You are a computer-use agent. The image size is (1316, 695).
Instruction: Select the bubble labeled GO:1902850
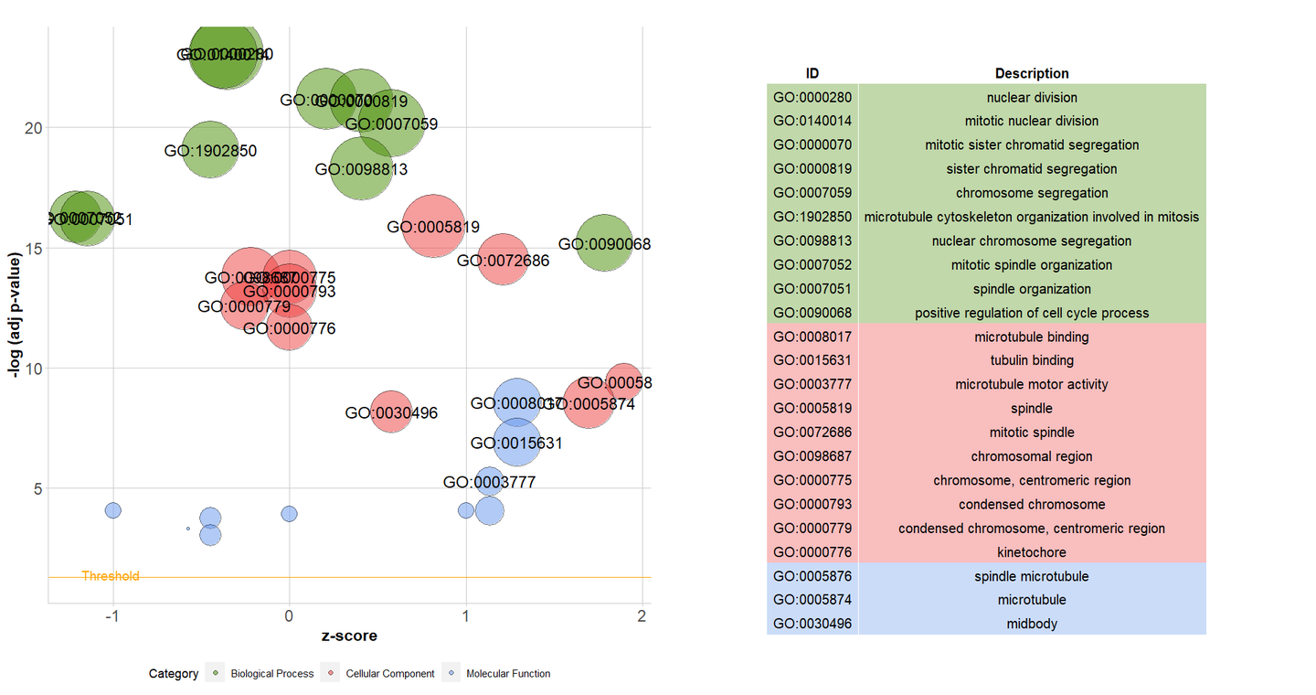coord(210,150)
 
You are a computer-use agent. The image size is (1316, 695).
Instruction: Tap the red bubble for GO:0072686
coord(504,260)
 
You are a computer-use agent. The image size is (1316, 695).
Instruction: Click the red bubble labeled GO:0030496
coord(391,412)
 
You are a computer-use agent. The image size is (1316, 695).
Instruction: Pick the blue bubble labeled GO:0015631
coord(517,443)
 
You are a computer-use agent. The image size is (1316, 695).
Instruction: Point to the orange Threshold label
coord(111,576)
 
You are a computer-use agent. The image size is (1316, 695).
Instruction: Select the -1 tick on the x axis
coord(113,615)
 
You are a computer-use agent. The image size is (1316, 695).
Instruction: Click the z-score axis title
coord(349,636)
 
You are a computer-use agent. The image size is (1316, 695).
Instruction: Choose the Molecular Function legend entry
coord(507,674)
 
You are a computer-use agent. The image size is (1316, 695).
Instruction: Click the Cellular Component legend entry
coord(389,674)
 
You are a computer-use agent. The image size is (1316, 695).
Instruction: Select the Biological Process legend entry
coord(271,674)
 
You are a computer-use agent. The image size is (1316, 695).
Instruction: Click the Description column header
coord(1032,73)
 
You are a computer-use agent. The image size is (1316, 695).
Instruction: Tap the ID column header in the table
coord(812,73)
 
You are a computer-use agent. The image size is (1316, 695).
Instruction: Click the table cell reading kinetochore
coord(1032,552)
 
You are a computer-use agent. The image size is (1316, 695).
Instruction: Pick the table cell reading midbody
coord(1032,624)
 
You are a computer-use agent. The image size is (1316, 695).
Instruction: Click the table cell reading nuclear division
coord(1032,97)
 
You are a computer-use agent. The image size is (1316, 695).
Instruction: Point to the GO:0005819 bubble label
coord(433,227)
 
